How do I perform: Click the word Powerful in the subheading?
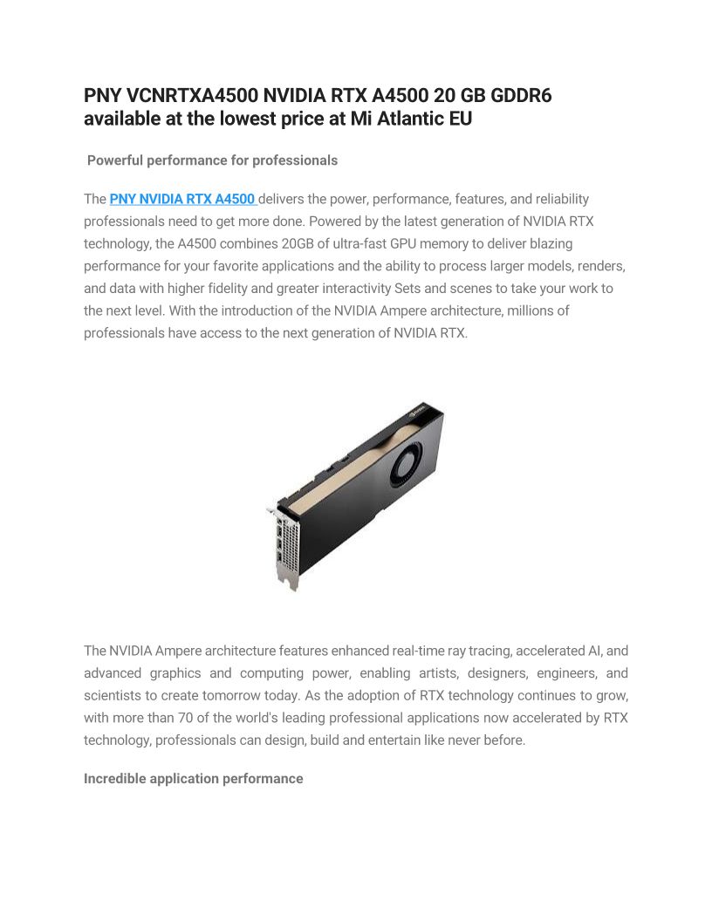click(x=115, y=160)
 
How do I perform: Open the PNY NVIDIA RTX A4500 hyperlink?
click(x=182, y=200)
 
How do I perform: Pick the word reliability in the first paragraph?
click(x=557, y=200)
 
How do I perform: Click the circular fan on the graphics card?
click(x=405, y=460)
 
